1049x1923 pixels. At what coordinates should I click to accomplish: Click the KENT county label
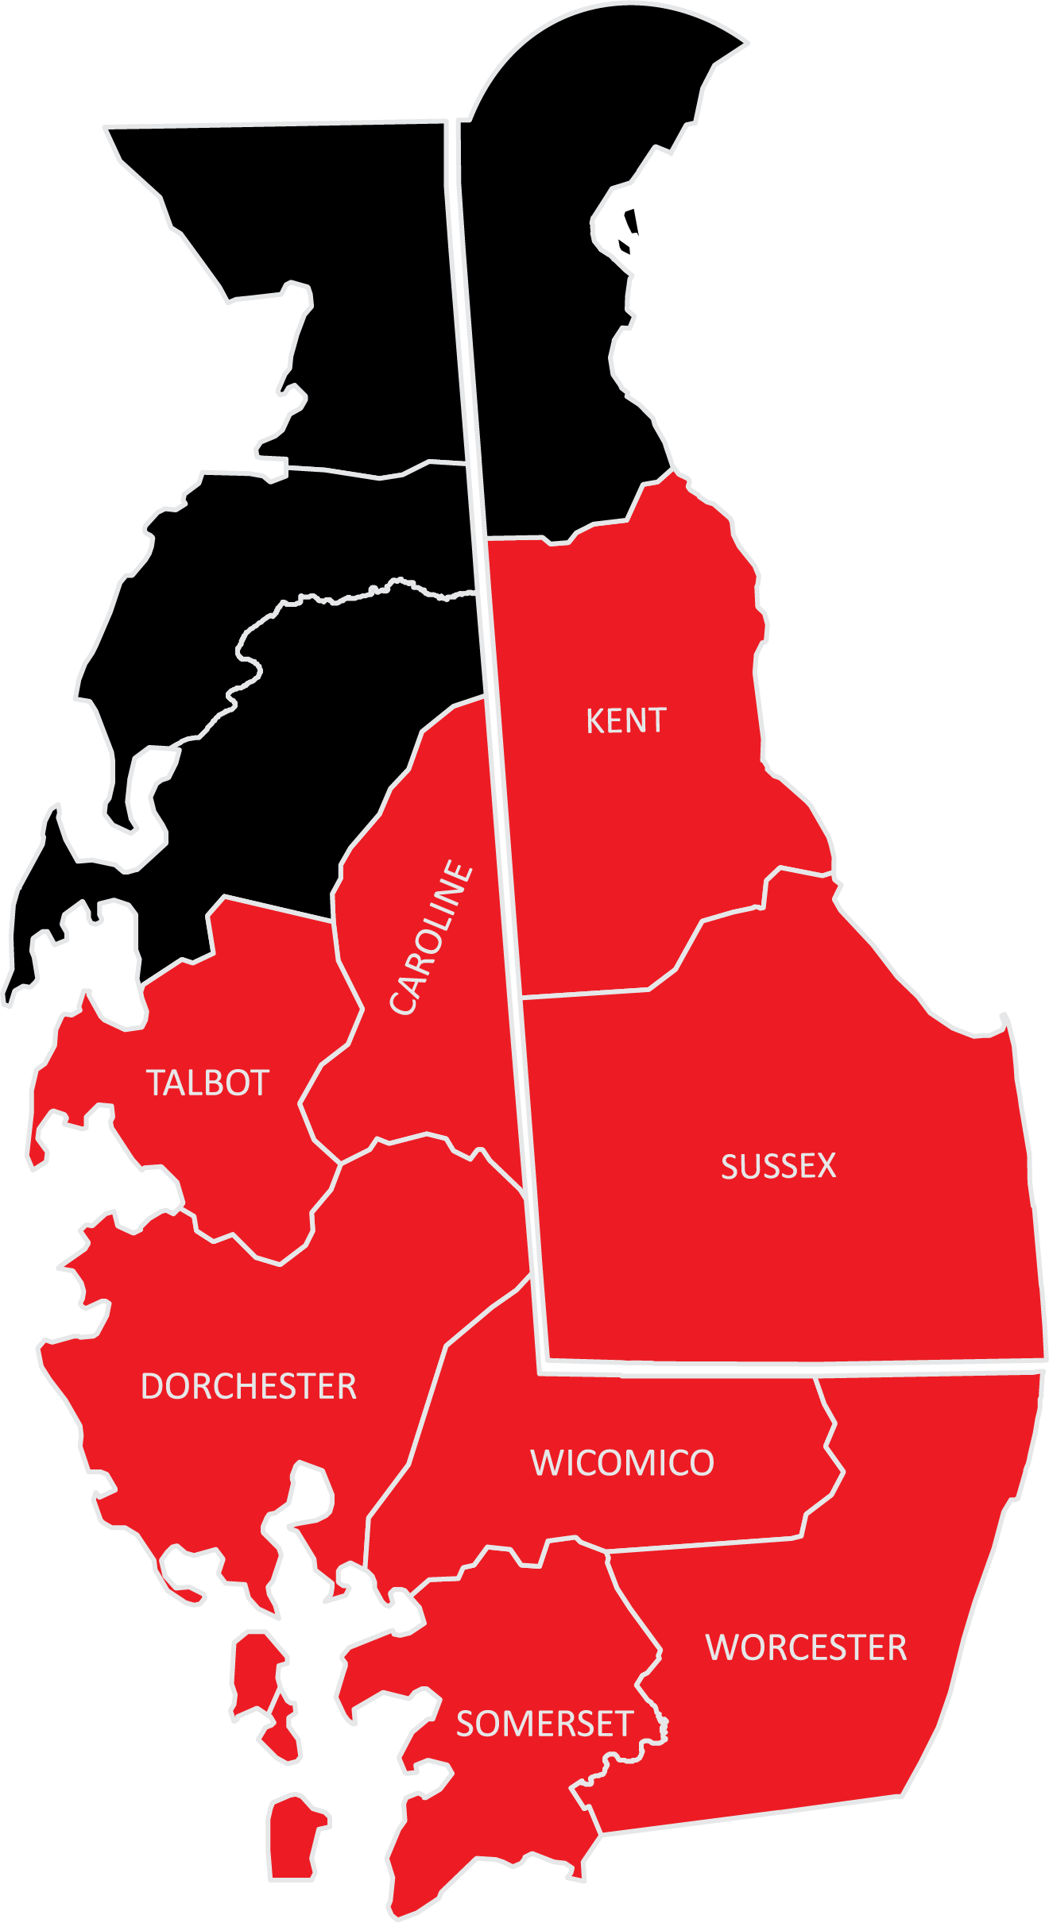pyautogui.click(x=625, y=721)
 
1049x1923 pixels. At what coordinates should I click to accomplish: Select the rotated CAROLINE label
pyautogui.click(x=432, y=937)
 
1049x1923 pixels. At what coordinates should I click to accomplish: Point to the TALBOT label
pyautogui.click(x=207, y=1083)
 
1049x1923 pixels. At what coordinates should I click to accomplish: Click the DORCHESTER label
pyautogui.click(x=248, y=1387)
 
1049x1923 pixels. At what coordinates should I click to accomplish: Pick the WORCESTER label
pyautogui.click(x=806, y=1648)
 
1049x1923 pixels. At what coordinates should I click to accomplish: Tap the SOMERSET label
pyautogui.click(x=544, y=1724)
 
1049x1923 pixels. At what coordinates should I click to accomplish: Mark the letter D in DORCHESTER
pyautogui.click(x=152, y=1387)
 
